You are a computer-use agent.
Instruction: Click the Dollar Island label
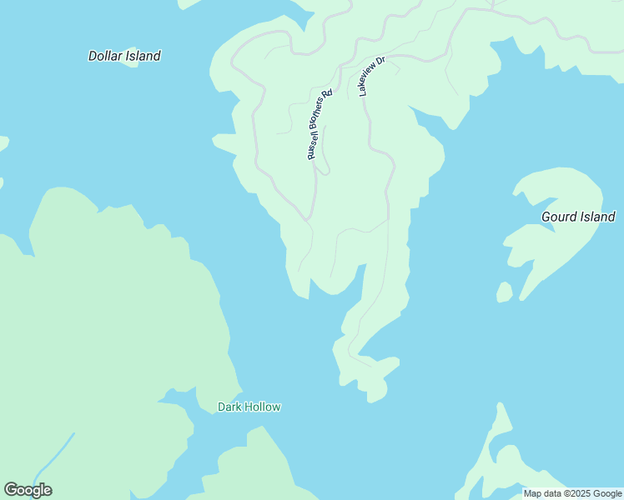(124, 56)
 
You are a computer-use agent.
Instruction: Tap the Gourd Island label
(578, 217)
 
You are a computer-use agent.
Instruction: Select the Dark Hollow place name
(249, 407)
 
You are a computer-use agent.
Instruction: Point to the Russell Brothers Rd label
(320, 124)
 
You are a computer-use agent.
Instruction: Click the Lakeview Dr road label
(372, 76)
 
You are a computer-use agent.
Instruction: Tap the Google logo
(28, 490)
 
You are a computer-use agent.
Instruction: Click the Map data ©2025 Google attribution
(572, 493)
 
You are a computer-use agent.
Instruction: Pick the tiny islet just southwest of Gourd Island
(504, 292)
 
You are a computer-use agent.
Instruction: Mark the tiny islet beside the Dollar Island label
(131, 74)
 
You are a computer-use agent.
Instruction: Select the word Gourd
(559, 217)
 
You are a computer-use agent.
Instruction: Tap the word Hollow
(262, 407)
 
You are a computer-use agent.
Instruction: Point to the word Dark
(229, 407)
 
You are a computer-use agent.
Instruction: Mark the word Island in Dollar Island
(143, 56)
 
